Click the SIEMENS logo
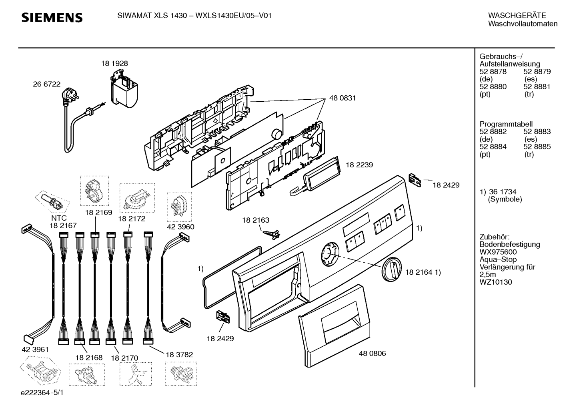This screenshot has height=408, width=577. coord(52,18)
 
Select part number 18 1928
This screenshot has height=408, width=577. coord(114,63)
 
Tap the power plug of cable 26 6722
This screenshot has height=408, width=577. coord(70,94)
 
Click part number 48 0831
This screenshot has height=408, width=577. coord(343,98)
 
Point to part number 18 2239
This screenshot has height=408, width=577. coord(359,165)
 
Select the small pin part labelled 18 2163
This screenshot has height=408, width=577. coord(271,234)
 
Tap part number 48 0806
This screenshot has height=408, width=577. coord(372,353)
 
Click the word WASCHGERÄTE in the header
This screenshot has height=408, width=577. coord(517,15)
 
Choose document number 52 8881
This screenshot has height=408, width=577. coord(537,86)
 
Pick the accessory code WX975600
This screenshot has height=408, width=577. coord(498,252)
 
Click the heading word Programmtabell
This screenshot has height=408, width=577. coord(506,124)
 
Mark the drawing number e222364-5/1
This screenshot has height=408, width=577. coord(42,392)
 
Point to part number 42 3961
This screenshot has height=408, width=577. coord(35,350)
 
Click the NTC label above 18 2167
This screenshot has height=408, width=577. coord(59,218)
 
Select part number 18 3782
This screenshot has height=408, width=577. coord(179,355)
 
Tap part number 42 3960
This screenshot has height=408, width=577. coord(180,227)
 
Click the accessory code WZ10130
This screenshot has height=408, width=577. coord(496,282)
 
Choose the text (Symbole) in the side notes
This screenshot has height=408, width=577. coord(505,199)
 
